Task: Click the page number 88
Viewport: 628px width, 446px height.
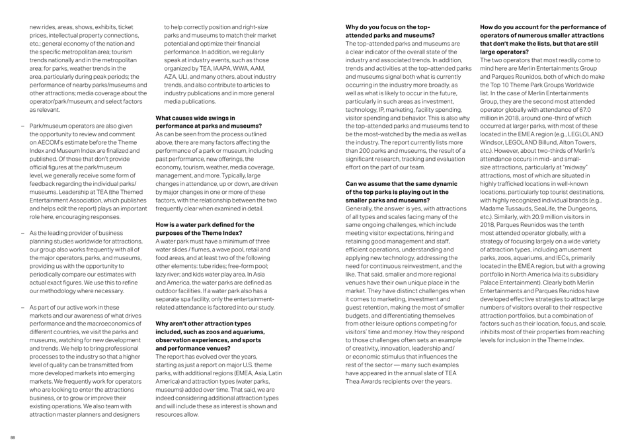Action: (x=11, y=437)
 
